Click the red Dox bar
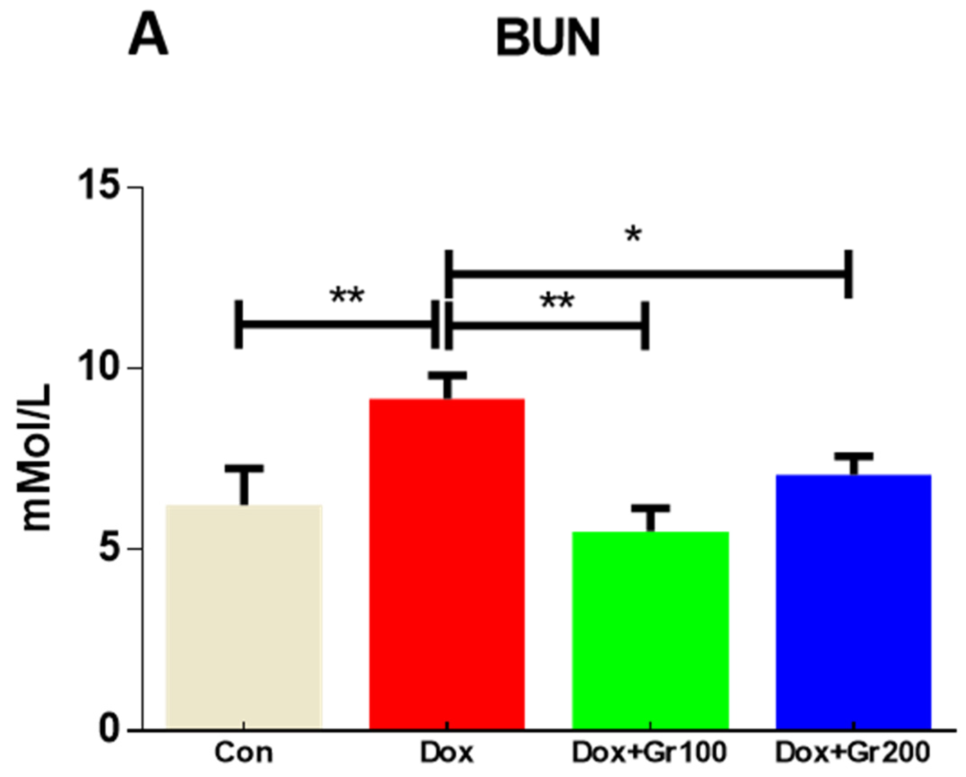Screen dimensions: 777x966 point(447,565)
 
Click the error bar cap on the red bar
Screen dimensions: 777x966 point(447,375)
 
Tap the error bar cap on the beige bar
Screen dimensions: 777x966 point(244,468)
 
